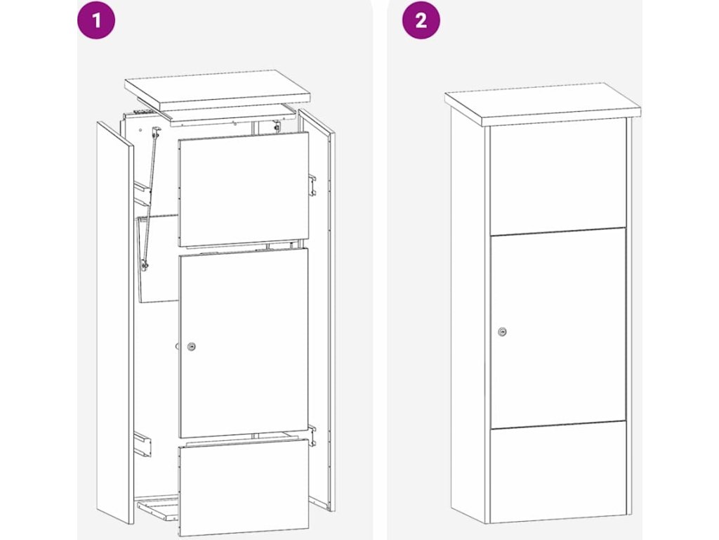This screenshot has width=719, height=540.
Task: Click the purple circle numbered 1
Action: [96, 20]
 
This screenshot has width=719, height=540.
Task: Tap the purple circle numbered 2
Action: [421, 20]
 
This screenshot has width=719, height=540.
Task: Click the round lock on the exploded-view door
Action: [191, 347]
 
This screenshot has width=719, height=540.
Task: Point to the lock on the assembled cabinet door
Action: [503, 332]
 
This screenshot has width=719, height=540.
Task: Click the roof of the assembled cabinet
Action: [543, 104]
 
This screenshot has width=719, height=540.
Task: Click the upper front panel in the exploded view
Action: [244, 189]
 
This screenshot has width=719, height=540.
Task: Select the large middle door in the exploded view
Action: [244, 343]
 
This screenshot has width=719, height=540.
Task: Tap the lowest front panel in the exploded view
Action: [244, 487]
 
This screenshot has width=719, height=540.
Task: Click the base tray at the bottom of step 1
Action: [157, 508]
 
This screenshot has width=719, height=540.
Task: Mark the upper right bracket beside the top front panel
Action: [312, 185]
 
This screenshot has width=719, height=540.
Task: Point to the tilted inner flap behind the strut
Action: [158, 258]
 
